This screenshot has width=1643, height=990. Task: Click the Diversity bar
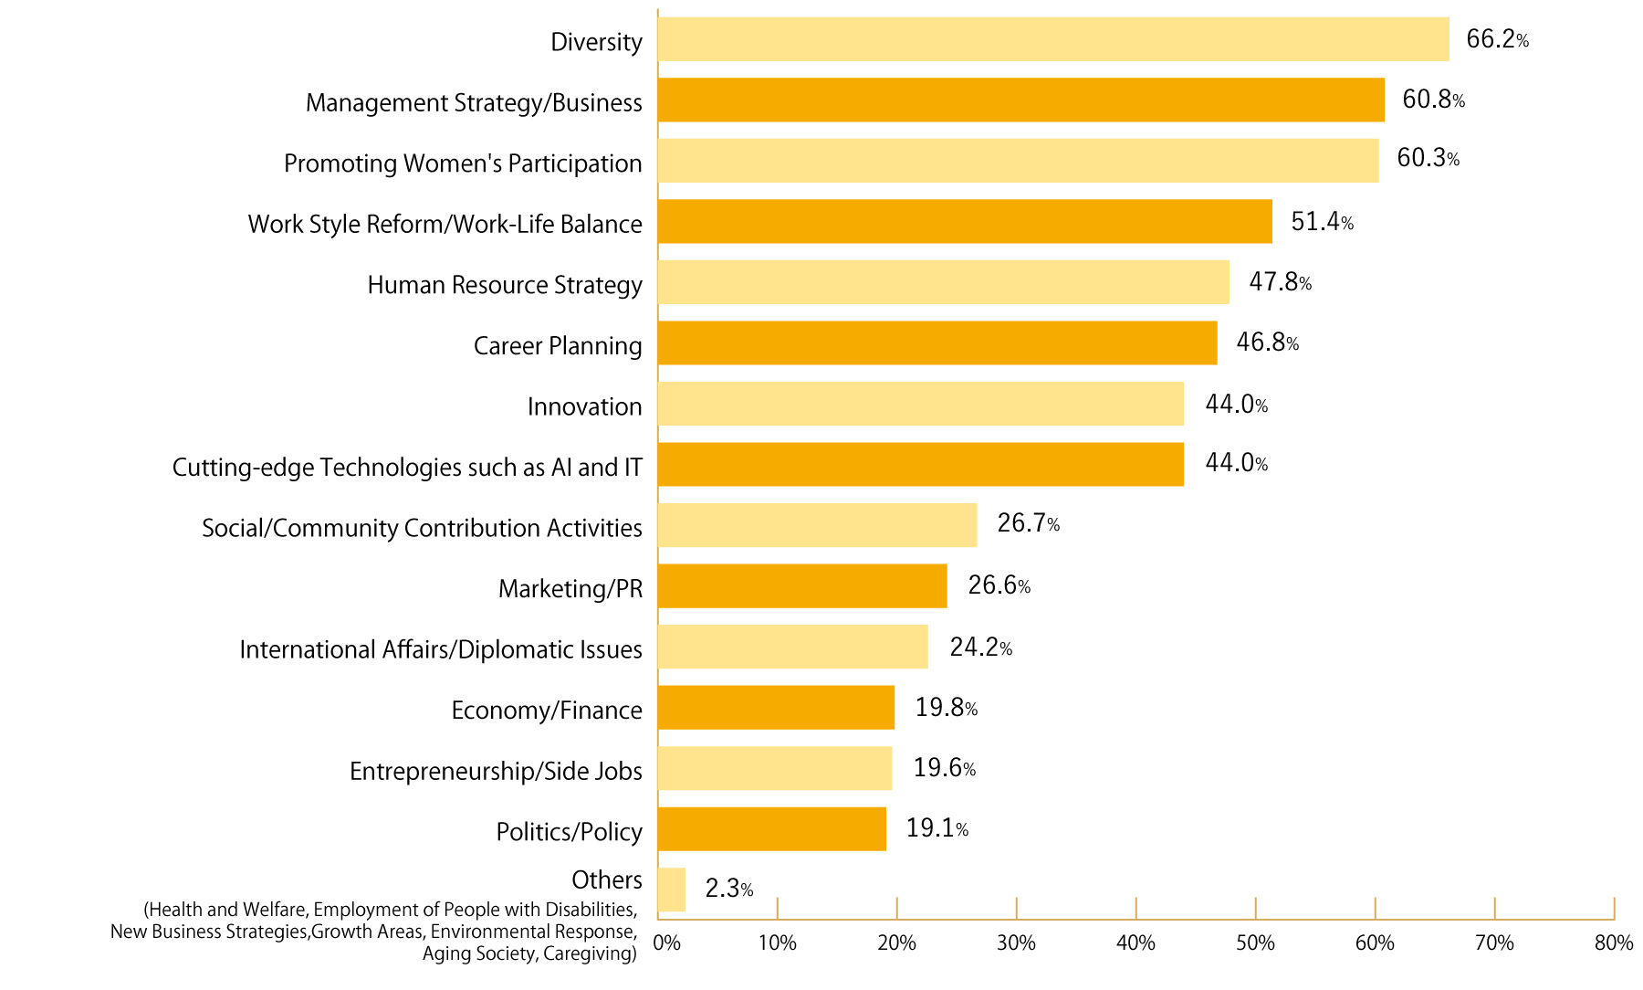[1052, 39]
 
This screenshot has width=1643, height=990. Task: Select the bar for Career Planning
[937, 342]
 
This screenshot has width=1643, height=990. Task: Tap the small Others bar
[671, 889]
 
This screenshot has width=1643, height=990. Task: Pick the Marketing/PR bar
[801, 585]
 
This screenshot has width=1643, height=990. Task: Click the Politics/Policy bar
[771, 828]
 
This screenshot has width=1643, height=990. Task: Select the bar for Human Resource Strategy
[943, 282]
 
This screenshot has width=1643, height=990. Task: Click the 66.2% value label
[1496, 39]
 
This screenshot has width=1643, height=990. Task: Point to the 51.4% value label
[1321, 221]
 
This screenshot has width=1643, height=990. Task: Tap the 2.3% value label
[728, 889]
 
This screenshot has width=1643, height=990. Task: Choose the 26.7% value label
[1028, 523]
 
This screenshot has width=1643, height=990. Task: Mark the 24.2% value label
[980, 648]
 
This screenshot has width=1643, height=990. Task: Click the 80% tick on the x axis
[1613, 943]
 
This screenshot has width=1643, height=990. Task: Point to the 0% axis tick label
[667, 943]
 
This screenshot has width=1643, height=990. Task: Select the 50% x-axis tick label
[1255, 943]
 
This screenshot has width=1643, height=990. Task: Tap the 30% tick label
[1016, 943]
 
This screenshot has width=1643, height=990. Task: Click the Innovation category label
[584, 406]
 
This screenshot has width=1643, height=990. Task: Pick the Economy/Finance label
[546, 711]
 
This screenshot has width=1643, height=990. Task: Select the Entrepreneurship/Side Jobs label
[496, 772]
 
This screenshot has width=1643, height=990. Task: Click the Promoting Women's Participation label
[463, 163]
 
